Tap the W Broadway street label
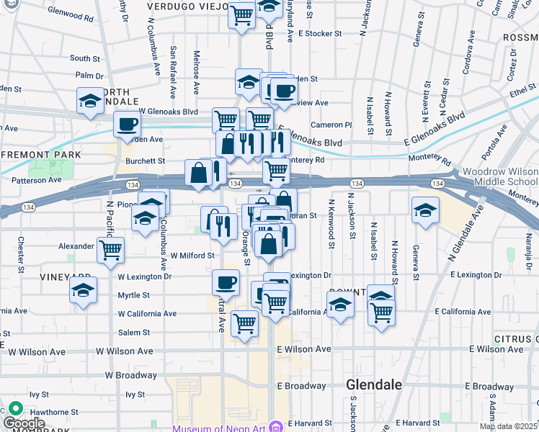[x=130, y=375]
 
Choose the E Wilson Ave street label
[x=304, y=348]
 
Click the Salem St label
[x=134, y=333]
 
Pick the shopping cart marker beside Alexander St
[x=110, y=251]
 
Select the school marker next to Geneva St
[x=425, y=210]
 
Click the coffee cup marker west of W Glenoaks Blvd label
[x=127, y=123]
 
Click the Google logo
[x=23, y=423]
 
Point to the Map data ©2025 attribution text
[x=508, y=426]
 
